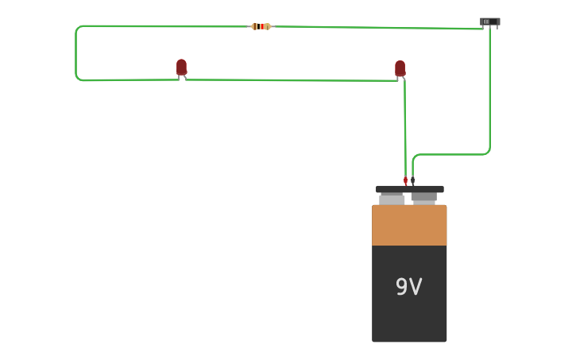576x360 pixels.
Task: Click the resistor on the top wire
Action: point(261,26)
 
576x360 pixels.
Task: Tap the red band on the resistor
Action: point(261,26)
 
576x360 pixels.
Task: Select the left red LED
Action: point(181,67)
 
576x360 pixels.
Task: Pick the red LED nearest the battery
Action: point(400,68)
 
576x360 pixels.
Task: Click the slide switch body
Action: point(490,21)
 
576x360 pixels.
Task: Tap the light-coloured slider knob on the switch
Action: point(486,21)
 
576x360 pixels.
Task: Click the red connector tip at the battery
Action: point(405,180)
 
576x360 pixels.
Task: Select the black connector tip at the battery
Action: point(412,180)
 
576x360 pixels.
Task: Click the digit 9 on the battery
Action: point(401,287)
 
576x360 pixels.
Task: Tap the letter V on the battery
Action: point(416,287)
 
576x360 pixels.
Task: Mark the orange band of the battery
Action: point(409,225)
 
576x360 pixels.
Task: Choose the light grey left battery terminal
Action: point(392,198)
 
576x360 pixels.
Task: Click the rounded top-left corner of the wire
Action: point(78,29)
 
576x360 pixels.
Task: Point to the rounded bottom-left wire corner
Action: point(78,78)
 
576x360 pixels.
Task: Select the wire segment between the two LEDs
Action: point(290,79)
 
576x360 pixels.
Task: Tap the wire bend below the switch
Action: point(488,151)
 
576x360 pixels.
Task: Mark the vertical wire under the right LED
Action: point(404,127)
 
